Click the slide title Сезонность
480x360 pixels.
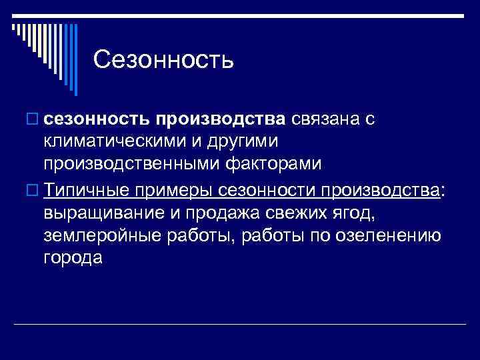[163, 59]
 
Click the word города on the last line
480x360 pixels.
[71, 258]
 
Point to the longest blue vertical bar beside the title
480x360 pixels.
[75, 59]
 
